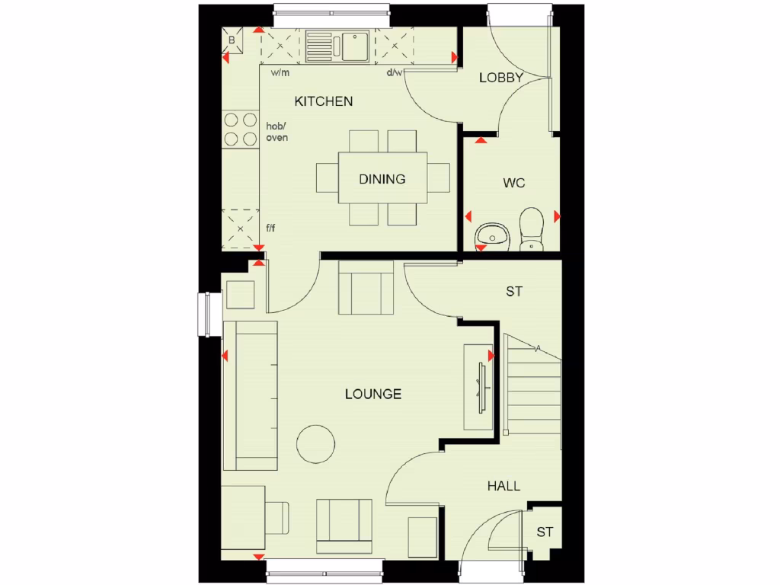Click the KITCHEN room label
324,101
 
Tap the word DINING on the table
382,180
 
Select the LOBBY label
500,78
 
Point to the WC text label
514,183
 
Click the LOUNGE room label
373,394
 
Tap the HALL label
504,485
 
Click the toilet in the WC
531,229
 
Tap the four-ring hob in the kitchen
240,129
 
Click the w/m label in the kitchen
280,73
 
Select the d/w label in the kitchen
395,73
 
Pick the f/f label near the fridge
270,228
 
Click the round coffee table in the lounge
315,444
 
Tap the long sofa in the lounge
250,395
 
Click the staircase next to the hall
533,388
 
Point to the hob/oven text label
277,132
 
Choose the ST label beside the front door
544,532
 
